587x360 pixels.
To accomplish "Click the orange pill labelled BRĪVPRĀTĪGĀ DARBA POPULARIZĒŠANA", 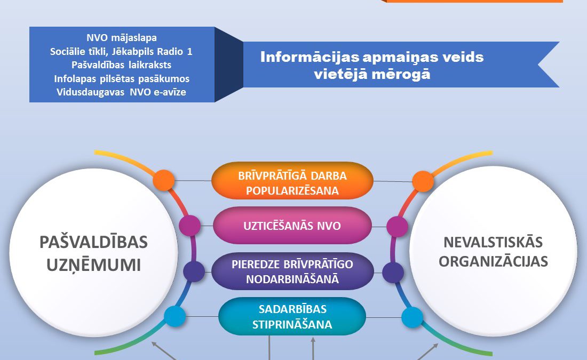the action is (x=292, y=180).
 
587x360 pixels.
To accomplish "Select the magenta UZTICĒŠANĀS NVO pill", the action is (x=292, y=226).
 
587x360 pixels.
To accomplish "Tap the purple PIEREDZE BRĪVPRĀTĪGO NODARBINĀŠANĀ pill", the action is (x=292, y=271).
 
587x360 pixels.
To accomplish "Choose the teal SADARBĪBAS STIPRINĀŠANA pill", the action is (x=292, y=317).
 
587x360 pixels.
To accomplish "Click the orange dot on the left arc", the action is (x=164, y=180).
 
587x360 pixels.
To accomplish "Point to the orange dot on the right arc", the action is (x=423, y=181).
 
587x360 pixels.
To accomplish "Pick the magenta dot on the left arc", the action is (x=190, y=226).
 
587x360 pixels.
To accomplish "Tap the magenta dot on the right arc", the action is (x=397, y=227).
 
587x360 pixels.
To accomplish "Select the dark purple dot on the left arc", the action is (x=194, y=271).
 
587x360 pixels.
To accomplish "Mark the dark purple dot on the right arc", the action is (x=393, y=273).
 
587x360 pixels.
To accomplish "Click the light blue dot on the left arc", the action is (x=175, y=316).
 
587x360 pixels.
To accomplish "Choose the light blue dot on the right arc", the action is (x=412, y=317).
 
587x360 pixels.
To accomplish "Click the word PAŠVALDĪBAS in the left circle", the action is (x=93, y=242).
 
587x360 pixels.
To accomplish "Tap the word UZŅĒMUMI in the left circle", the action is (x=93, y=265).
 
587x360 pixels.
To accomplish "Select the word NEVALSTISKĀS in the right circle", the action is (x=493, y=242).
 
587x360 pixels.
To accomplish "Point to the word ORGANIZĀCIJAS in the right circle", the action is (x=494, y=261).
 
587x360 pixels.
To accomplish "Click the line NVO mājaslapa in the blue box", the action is (x=122, y=38).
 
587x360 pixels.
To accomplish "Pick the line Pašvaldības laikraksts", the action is (x=121, y=65).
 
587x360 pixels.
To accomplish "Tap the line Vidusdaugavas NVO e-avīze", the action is (x=121, y=92).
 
